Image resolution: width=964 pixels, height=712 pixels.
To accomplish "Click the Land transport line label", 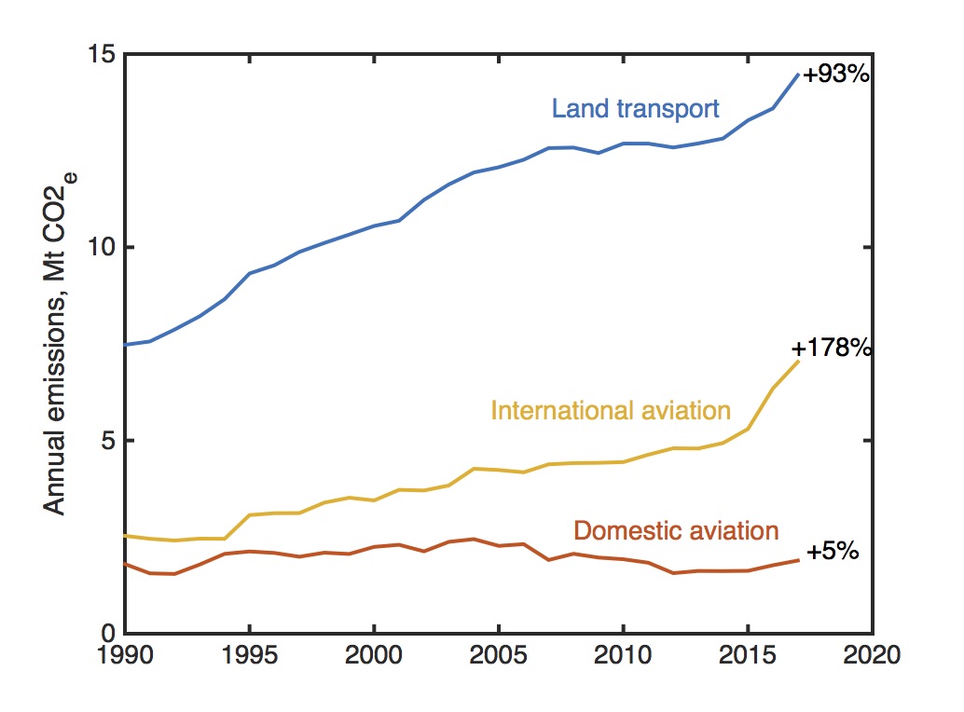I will [635, 109].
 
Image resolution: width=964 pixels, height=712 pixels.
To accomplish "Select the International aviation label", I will [610, 410].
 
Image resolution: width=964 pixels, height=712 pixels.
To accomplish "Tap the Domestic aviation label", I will [676, 531].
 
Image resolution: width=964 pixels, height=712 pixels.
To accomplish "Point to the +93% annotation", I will [835, 75].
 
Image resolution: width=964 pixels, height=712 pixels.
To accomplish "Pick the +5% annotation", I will [832, 551].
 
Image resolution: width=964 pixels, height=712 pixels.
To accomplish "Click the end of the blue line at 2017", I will [798, 75].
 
